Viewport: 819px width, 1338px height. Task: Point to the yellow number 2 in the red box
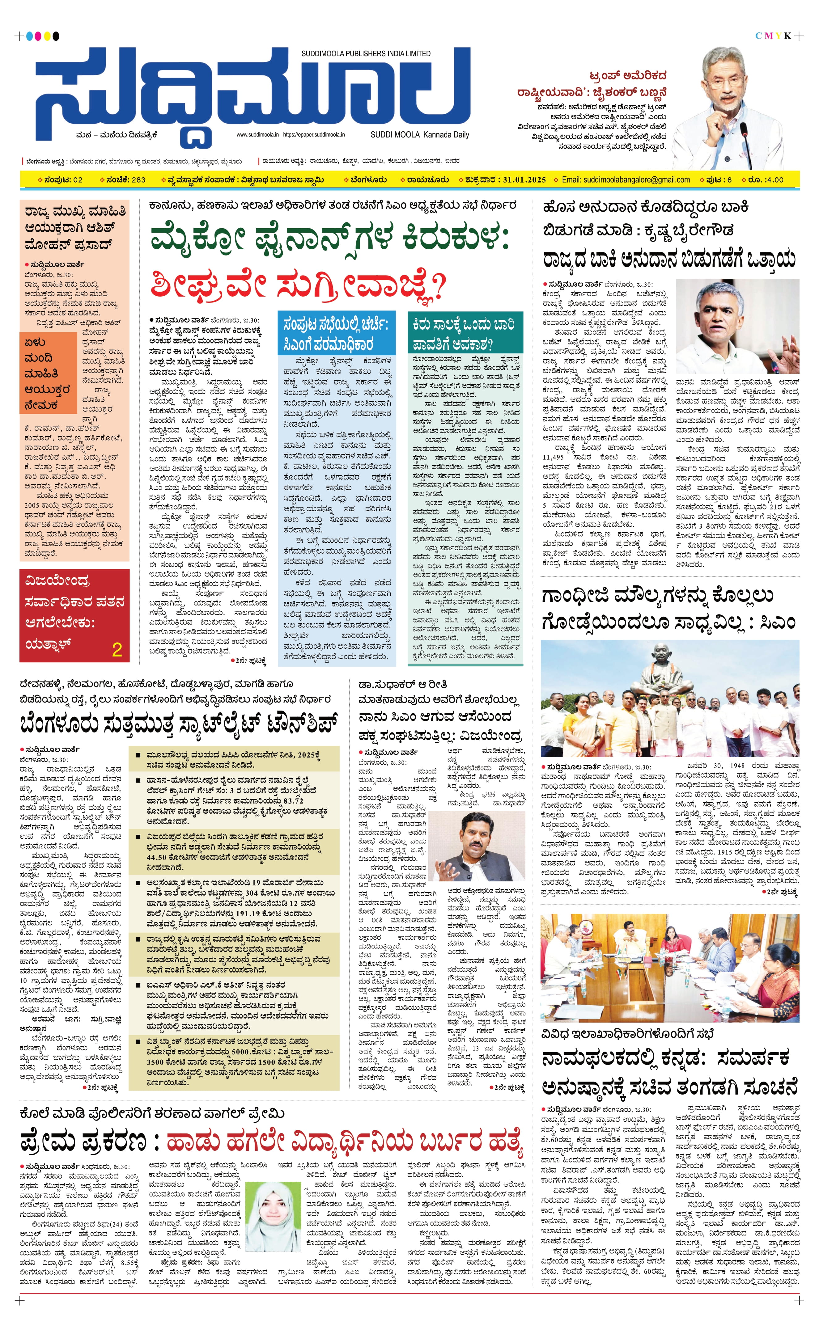coord(117,649)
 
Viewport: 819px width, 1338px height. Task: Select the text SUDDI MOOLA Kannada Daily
coord(419,135)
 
